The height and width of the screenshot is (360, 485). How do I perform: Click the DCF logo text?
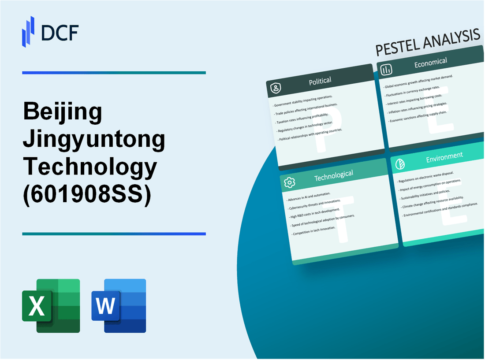click(60, 32)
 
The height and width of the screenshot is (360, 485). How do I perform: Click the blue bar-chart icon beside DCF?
click(28, 31)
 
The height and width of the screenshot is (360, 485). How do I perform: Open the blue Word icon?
click(119, 305)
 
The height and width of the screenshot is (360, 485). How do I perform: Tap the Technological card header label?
click(333, 176)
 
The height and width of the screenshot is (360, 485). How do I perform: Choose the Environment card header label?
click(444, 156)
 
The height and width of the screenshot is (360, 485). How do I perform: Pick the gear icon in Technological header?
click(290, 182)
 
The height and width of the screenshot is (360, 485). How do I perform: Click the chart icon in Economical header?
click(387, 70)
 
